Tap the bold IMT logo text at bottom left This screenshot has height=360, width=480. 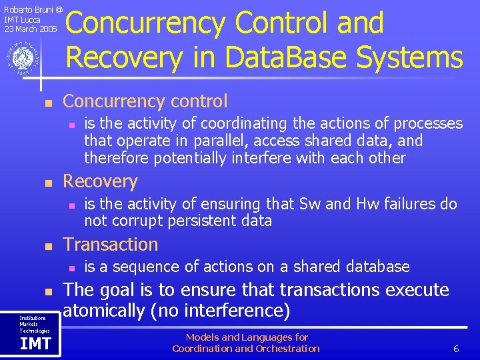[35, 344]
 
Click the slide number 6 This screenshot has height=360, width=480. [455, 349]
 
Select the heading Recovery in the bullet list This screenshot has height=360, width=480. [99, 181]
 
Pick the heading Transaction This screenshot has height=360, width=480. [110, 244]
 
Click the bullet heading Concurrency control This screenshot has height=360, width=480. [145, 101]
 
